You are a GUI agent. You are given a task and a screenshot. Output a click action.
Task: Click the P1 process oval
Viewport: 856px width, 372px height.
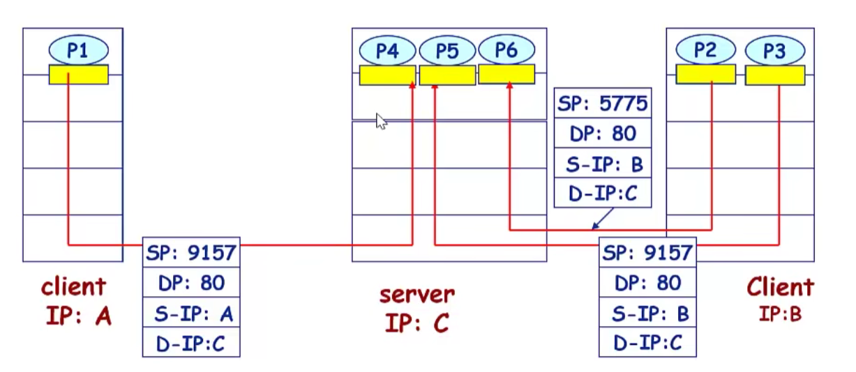pyautogui.click(x=79, y=50)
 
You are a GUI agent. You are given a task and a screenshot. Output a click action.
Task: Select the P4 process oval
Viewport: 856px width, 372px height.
pyautogui.click(x=387, y=50)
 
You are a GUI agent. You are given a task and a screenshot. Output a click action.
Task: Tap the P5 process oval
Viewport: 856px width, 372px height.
pyautogui.click(x=446, y=50)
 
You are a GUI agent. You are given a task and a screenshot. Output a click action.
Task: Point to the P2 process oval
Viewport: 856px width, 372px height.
pyautogui.click(x=706, y=49)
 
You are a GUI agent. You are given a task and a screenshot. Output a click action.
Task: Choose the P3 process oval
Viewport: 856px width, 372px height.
pyautogui.click(x=774, y=51)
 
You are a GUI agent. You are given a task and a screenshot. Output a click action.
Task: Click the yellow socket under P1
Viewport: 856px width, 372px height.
pyautogui.click(x=79, y=75)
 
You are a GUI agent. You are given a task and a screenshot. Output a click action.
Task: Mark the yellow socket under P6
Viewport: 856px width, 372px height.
pyautogui.click(x=506, y=74)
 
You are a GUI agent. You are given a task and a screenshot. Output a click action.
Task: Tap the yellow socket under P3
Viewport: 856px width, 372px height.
pyautogui.click(x=774, y=75)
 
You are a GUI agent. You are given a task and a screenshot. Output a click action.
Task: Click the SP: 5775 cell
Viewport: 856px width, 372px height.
pyautogui.click(x=603, y=104)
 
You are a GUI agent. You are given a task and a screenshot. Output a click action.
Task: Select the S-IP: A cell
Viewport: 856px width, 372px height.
pyautogui.click(x=191, y=314)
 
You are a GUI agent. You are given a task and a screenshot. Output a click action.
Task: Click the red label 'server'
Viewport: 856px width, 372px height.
pyautogui.click(x=417, y=294)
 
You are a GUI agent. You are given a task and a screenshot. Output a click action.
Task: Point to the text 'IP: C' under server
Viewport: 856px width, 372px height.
pyautogui.click(x=417, y=322)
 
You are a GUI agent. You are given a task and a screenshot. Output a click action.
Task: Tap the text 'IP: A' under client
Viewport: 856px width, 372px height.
pyautogui.click(x=79, y=316)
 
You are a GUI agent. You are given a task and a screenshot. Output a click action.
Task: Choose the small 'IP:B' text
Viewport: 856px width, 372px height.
pyautogui.click(x=780, y=314)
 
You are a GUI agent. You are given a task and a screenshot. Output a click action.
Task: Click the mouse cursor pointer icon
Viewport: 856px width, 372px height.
pyautogui.click(x=381, y=121)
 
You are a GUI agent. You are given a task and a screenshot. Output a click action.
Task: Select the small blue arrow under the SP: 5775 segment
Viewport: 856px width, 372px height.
pyautogui.click(x=599, y=219)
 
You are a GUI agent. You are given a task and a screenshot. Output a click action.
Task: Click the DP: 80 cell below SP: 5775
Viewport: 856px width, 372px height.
pyautogui.click(x=603, y=134)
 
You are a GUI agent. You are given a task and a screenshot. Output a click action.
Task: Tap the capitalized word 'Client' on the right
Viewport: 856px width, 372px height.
pyautogui.click(x=780, y=287)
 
